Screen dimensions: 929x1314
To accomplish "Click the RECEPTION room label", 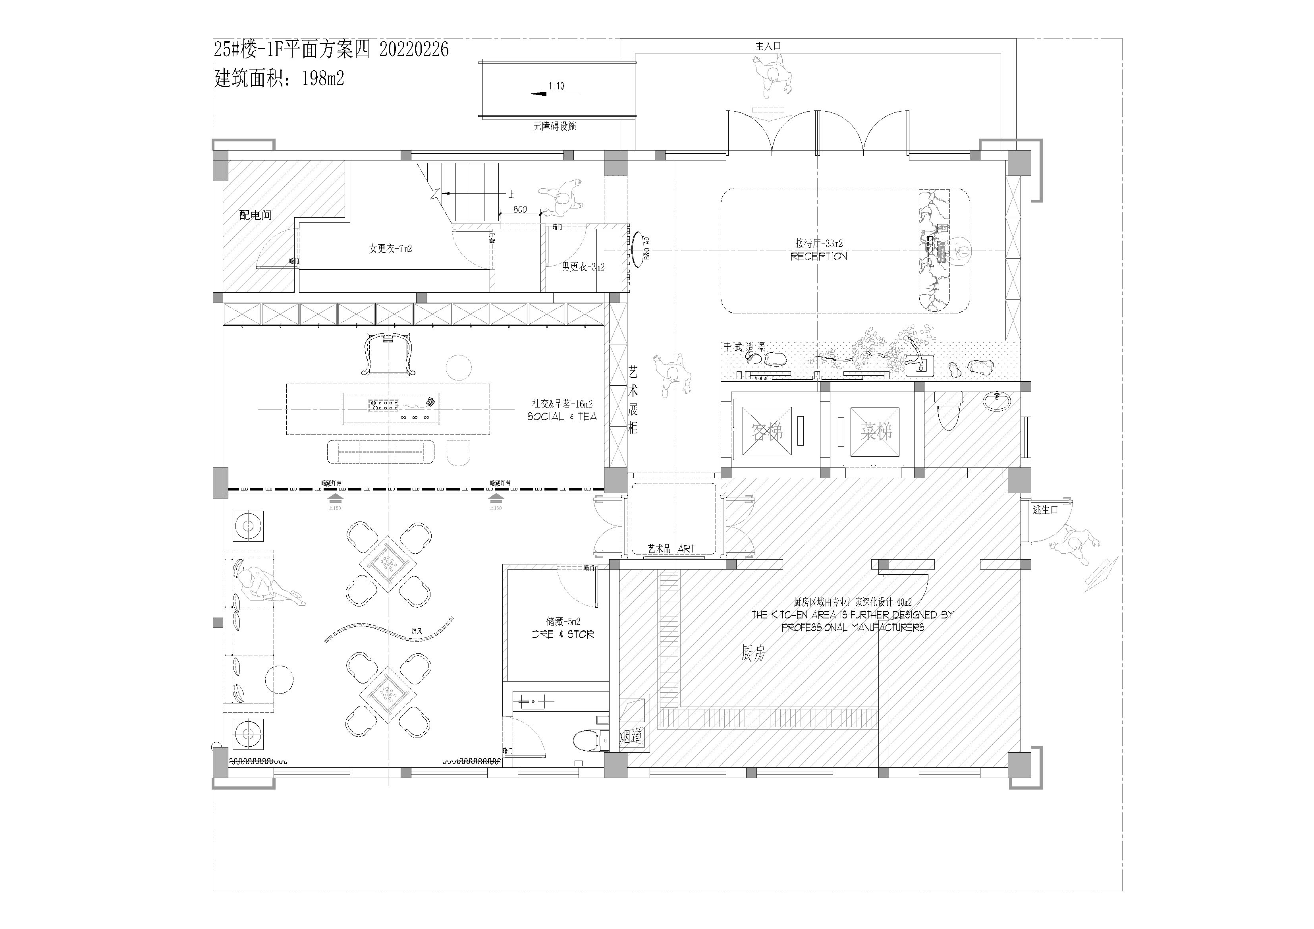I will pos(819,257).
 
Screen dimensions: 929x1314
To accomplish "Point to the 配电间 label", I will pos(255,215).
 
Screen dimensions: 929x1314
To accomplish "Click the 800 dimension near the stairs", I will pos(520,209).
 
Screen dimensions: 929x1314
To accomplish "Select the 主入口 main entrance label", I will pos(768,46).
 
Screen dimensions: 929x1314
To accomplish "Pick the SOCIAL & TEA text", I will pos(561,417).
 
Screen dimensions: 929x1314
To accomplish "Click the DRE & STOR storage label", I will pos(563,634).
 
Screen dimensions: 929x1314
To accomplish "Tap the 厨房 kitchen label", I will pos(753,654).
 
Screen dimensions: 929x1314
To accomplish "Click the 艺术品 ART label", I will pos(671,549).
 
